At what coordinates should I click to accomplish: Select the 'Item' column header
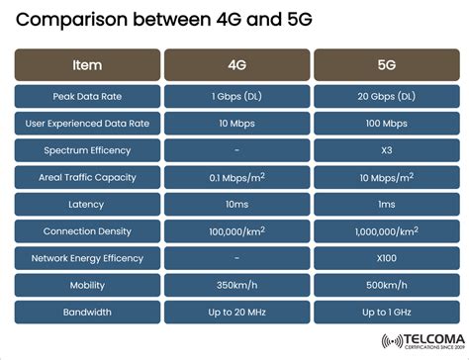[x=87, y=65]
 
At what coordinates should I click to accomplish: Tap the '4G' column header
[x=235, y=65]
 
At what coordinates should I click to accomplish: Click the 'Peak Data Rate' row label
[x=87, y=97]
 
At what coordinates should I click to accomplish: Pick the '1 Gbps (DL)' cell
[x=235, y=97]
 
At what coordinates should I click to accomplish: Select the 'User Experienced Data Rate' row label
[x=87, y=124]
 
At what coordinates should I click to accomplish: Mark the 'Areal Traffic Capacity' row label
[x=87, y=177]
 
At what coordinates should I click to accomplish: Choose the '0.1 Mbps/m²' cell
[x=235, y=177]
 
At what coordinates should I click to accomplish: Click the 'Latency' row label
[x=87, y=204]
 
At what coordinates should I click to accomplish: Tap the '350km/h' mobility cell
[x=235, y=284]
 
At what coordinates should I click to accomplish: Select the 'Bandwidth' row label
[x=87, y=312]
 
